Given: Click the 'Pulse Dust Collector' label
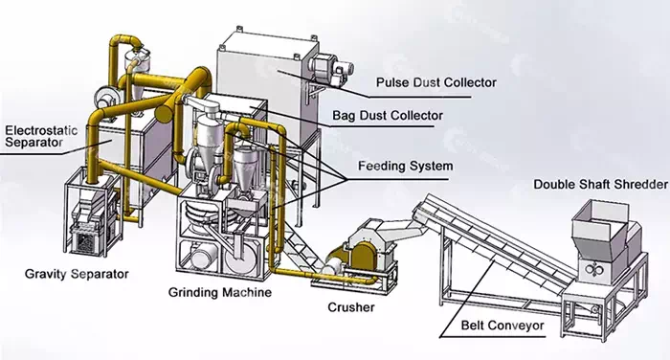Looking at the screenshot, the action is (435, 82).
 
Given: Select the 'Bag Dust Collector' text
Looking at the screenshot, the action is (388, 116).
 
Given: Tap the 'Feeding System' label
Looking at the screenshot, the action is (405, 166).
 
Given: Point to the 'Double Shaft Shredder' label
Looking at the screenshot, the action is (600, 184).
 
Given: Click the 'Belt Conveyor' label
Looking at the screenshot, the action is (502, 326).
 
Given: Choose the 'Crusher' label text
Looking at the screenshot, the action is (351, 307).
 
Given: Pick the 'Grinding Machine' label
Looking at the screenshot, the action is (219, 292).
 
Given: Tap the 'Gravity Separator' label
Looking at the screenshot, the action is (77, 274).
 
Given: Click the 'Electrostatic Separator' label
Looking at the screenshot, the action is (41, 136).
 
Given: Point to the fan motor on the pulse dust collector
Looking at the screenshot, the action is (331, 68).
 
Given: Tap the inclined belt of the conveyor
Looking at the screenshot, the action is (491, 239).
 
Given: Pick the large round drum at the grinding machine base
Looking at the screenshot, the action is (241, 258).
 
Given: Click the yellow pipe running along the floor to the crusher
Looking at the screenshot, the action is (324, 276).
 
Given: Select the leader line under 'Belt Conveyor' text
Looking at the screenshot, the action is (492, 336).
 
